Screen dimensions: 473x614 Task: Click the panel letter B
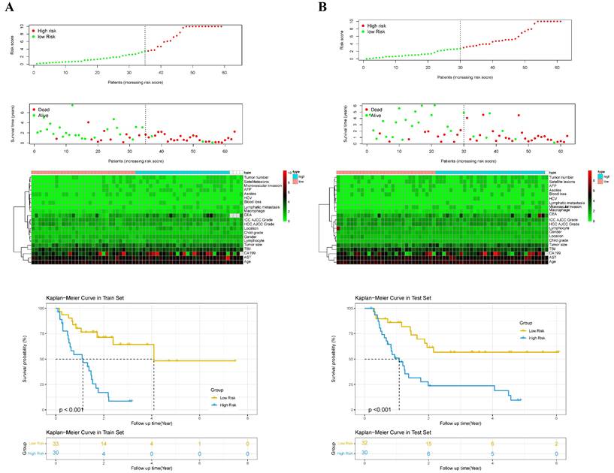[x=322, y=7]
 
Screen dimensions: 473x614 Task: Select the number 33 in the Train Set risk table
[x=56, y=444]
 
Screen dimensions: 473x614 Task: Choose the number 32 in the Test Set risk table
[x=364, y=444]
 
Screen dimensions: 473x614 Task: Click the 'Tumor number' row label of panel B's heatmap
[x=561, y=176]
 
